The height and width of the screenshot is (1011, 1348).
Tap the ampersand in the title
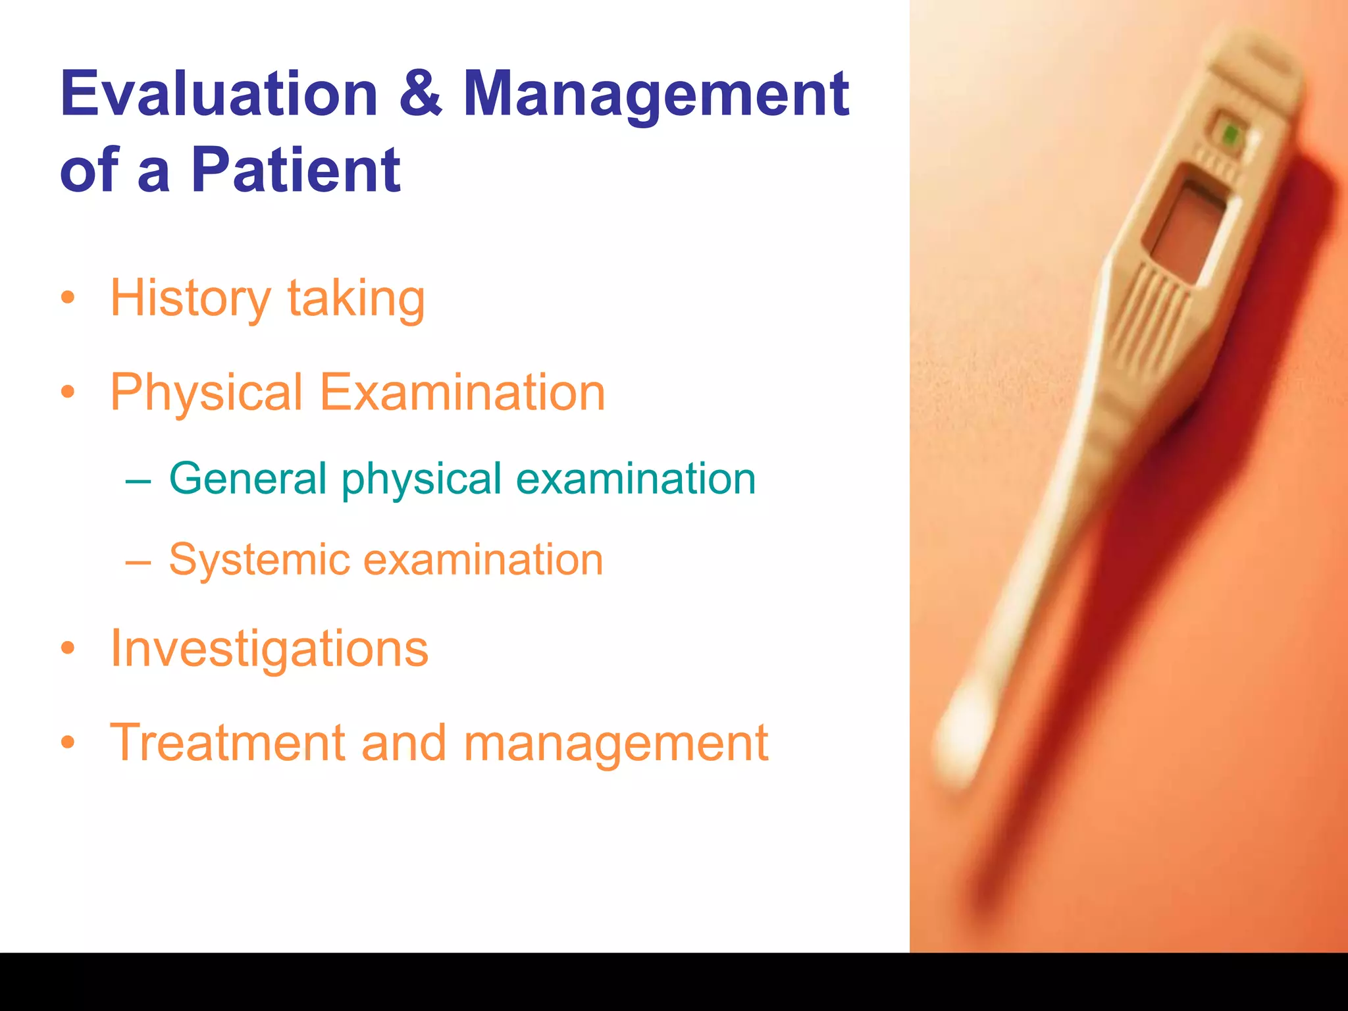[420, 94]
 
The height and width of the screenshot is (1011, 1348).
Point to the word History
[190, 299]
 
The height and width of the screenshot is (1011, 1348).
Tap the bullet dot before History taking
[68, 298]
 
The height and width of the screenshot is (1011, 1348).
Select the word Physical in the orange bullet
[206, 393]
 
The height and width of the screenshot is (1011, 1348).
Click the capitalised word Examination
[462, 392]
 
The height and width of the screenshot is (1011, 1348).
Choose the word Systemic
[259, 561]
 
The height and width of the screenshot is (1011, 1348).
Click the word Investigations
[269, 649]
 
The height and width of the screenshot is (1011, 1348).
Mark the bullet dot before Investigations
[68, 648]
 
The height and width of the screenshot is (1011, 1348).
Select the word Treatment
[227, 743]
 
